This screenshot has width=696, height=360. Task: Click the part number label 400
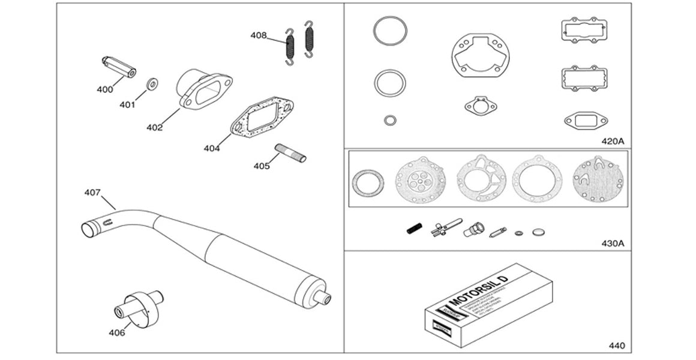(x=105, y=89)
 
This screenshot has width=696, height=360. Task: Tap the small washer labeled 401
(x=152, y=83)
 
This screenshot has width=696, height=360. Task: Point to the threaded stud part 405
(x=290, y=152)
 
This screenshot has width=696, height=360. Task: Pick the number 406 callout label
(x=116, y=332)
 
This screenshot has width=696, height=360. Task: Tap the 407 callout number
(x=92, y=193)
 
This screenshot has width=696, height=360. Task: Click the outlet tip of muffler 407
(x=326, y=296)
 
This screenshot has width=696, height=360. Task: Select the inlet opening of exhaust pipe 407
(x=90, y=229)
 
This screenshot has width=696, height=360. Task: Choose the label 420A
(x=613, y=141)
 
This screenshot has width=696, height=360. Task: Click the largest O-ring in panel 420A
(x=390, y=30)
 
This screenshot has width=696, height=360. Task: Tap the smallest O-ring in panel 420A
(x=389, y=120)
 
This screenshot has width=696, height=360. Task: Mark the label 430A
(x=613, y=244)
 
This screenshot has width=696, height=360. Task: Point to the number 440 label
(x=616, y=346)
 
